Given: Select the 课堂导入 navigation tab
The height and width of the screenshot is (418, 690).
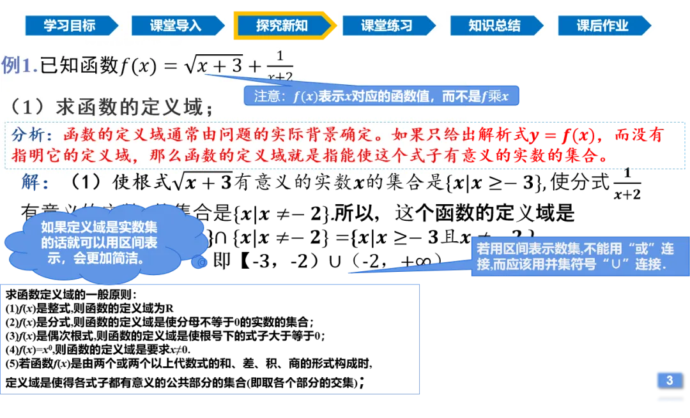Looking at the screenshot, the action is (x=175, y=26).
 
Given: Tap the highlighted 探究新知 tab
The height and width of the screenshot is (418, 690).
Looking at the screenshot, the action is (x=282, y=26).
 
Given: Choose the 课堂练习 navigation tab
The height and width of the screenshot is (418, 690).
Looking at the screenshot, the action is (x=387, y=26).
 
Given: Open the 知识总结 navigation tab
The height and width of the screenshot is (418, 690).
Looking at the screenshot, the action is (x=494, y=26).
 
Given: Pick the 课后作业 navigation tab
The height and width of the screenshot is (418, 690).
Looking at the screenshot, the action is (x=602, y=26).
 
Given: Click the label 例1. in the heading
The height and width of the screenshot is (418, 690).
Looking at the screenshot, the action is (x=20, y=65).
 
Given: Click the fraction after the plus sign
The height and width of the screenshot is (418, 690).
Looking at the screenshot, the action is (x=279, y=66).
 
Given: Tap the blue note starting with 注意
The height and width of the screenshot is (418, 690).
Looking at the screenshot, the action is (x=381, y=96).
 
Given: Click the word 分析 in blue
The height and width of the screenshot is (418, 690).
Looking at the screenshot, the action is (x=29, y=135).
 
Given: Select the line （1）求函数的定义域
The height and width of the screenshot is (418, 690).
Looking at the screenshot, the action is (x=112, y=107).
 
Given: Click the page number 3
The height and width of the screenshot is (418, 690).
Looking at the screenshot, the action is (x=669, y=380).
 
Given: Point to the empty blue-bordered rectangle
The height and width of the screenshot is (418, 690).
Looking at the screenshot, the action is (x=212, y=340).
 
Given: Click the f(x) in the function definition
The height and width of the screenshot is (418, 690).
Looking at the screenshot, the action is (x=138, y=66).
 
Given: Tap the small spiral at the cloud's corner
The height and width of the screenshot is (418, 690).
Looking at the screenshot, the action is (x=201, y=262).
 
